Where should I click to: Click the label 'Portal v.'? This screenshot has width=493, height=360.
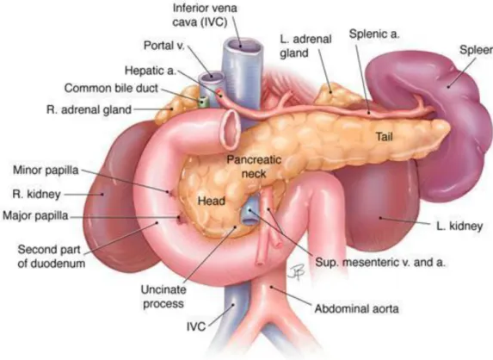click(163, 46)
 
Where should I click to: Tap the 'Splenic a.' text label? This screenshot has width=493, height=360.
click(374, 34)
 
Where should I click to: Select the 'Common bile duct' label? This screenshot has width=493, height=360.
click(111, 88)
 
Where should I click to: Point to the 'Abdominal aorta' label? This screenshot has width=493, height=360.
click(356, 308)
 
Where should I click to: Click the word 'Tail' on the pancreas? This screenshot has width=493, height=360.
click(385, 137)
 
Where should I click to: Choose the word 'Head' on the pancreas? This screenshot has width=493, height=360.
click(212, 201)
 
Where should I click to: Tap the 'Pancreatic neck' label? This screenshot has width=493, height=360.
click(254, 166)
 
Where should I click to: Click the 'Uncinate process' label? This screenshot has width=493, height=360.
click(163, 296)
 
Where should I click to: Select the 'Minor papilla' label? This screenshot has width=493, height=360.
click(46, 170)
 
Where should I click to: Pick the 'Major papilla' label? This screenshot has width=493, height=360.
click(35, 215)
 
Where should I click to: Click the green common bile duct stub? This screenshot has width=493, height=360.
click(203, 101)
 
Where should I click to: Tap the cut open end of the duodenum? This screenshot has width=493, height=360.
click(231, 129)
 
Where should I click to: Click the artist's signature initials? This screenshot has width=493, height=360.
click(297, 272)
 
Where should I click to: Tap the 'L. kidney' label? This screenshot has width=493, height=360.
click(459, 226)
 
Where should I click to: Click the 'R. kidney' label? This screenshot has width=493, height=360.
click(36, 194)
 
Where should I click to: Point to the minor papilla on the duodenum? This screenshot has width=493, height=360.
click(171, 192)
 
